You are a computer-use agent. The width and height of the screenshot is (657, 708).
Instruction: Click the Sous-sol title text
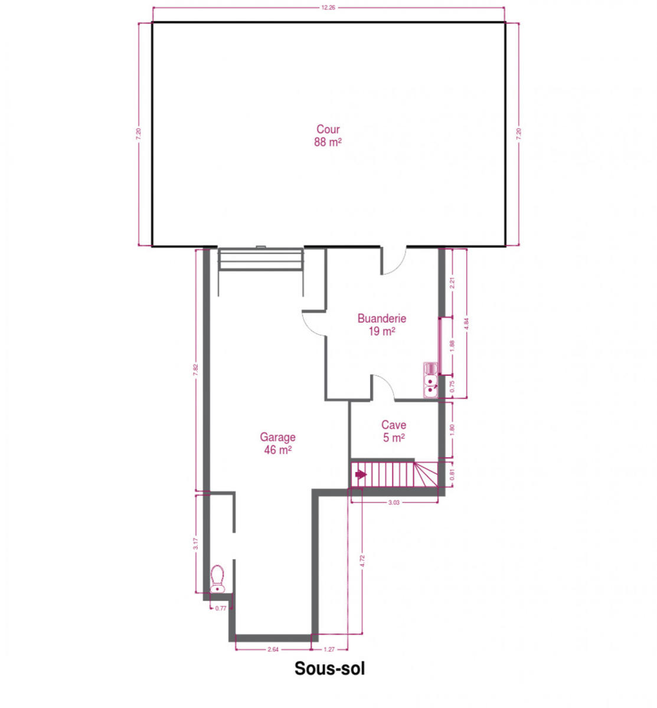coord(329,668)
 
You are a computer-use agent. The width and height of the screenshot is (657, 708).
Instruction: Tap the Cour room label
coord(328,129)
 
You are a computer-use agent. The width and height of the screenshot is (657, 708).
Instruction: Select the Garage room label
coord(277,437)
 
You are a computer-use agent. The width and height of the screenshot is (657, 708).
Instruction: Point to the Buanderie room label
coord(382,319)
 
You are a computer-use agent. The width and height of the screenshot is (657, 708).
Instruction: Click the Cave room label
coord(393,425)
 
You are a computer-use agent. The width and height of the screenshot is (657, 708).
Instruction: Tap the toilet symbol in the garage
coord(217,579)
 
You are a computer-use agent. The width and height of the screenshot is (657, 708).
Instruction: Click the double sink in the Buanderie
coord(430,380)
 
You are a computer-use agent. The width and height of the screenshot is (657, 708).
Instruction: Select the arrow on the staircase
coord(361,474)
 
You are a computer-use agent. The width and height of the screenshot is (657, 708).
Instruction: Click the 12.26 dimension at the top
coord(328,8)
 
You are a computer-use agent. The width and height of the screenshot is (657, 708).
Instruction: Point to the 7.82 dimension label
coord(195,369)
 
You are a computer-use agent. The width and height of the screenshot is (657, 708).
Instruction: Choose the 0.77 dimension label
coord(221,608)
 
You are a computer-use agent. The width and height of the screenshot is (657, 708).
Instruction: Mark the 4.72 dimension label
coord(362,561)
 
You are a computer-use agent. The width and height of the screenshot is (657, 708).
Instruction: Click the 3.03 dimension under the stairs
coord(393,502)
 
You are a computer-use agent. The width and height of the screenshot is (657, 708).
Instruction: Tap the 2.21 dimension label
coord(452,283)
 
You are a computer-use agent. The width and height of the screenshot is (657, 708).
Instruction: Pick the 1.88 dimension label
coord(452,346)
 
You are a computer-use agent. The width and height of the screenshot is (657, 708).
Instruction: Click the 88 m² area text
coord(328,142)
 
